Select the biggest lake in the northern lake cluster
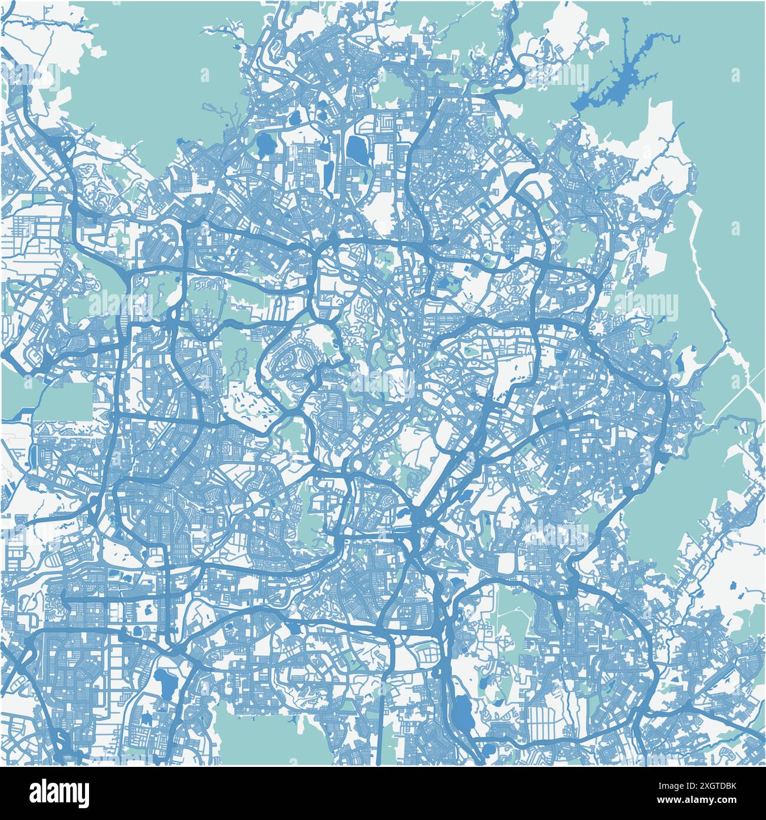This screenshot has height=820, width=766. pos(357,148)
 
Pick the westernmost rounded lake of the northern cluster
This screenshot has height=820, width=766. pos(265,142)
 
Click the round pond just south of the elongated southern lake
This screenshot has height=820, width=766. pos(487,750)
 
